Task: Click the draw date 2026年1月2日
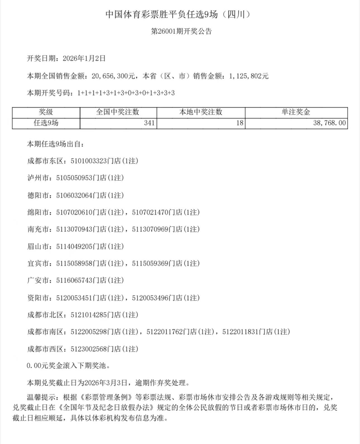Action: point(84,59)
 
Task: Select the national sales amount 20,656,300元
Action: point(113,76)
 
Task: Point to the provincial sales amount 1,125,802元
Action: point(249,76)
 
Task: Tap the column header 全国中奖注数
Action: point(118,112)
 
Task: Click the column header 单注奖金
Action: point(296,112)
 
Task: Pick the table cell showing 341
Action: point(149,123)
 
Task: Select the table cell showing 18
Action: point(240,123)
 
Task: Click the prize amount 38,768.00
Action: point(329,123)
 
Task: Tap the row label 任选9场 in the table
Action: point(46,123)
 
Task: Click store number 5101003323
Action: point(89,161)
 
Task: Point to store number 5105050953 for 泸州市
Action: point(74,178)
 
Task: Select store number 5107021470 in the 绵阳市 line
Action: point(150,213)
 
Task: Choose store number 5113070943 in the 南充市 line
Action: point(74,230)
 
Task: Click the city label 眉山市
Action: point(38,247)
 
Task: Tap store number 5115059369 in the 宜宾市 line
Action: point(150,264)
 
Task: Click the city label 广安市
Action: point(38,281)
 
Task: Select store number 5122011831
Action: point(241,332)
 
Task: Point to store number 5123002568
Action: point(89,349)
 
